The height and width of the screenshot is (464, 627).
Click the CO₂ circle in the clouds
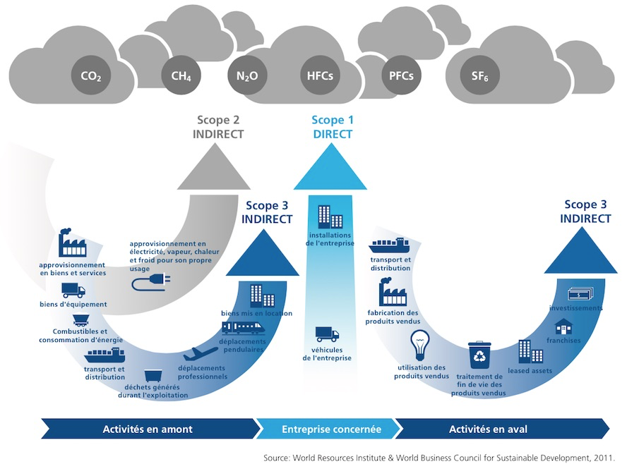click(x=90, y=75)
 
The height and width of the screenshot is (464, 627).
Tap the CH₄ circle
click(x=181, y=75)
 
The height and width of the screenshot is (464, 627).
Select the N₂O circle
click(x=247, y=75)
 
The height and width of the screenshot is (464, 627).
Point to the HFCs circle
click(x=320, y=75)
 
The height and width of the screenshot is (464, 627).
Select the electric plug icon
click(x=144, y=283)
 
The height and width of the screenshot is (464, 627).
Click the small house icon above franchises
click(x=563, y=326)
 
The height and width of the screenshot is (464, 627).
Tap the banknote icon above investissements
click(x=579, y=293)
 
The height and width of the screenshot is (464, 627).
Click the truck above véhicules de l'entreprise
click(x=327, y=334)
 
